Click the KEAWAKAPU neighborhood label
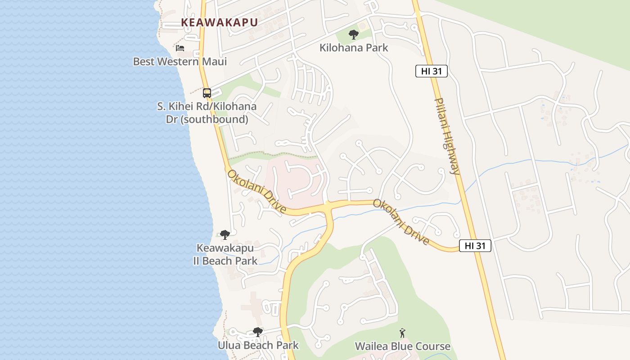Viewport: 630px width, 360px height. coord(219,22)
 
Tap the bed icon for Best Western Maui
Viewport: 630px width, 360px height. coord(180,48)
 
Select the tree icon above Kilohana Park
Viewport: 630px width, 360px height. coord(354,34)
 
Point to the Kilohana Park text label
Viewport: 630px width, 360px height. coord(354,47)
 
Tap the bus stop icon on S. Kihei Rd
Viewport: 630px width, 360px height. coord(207,93)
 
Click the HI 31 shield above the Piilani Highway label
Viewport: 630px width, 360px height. coord(431,71)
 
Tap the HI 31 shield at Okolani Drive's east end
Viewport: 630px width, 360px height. coord(475,246)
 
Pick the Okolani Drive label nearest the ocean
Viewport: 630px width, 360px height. coord(256,192)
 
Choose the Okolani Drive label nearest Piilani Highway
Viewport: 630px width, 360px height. coord(401,222)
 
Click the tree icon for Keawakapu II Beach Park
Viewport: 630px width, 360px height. coord(225,234)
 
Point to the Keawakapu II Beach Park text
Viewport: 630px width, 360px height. coord(225,254)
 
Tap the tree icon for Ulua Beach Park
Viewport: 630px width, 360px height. coord(258,332)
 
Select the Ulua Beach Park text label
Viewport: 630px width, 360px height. coord(258,346)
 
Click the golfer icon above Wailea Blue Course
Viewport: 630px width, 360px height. coord(402,333)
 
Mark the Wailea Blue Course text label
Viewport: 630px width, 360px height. coord(402,346)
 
